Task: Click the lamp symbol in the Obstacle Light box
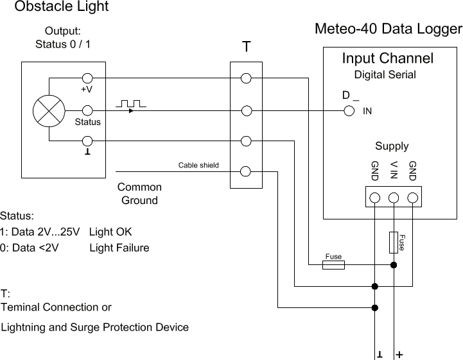pyautogui.click(x=49, y=110)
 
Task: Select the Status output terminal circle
pyautogui.click(x=87, y=110)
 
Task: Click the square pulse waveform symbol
pyautogui.click(x=131, y=103)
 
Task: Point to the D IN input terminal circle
pyautogui.click(x=349, y=110)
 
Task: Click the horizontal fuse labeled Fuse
pyautogui.click(x=333, y=264)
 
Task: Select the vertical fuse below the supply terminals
pyautogui.click(x=394, y=242)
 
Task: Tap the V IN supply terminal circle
pyautogui.click(x=394, y=198)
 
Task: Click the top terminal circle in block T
pyautogui.click(x=245, y=78)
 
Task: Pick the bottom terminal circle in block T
pyautogui.click(x=245, y=171)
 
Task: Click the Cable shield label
pyautogui.click(x=198, y=166)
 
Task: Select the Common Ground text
pyautogui.click(x=139, y=194)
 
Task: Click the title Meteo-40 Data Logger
pyautogui.click(x=388, y=30)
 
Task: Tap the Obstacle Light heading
pyautogui.click(x=62, y=7)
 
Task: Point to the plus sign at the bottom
pyautogui.click(x=399, y=354)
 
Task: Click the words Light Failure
pyautogui.click(x=119, y=248)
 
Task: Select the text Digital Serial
pyautogui.click(x=385, y=75)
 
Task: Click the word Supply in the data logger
pyautogui.click(x=392, y=146)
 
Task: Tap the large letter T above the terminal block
pyautogui.click(x=246, y=47)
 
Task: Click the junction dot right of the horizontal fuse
pyautogui.click(x=394, y=264)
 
